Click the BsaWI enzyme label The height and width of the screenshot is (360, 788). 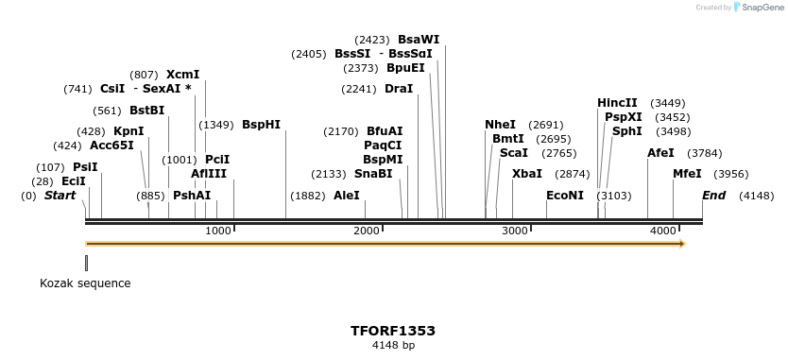pos(419,40)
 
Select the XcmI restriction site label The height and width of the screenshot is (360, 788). pos(182,75)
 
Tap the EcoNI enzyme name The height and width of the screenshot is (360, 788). pos(565,196)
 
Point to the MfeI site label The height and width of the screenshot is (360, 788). pos(687,174)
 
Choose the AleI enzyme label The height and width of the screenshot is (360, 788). pos(347,196)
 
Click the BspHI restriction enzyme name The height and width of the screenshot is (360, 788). pos(261,125)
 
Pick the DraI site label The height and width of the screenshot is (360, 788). pos(399,89)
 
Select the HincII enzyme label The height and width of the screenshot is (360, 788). pos(617,103)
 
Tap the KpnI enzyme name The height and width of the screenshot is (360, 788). pos(128,131)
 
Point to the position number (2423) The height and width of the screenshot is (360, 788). pos(372,40)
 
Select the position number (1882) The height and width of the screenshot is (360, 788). pos(308,196)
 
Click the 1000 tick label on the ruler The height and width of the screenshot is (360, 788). pos(218,231)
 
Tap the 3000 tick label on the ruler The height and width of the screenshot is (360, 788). pos(514,231)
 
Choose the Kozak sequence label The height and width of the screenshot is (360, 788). pos(85,283)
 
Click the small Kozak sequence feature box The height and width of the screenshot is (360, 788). pos(86,263)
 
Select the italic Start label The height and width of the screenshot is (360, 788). pos(60,196)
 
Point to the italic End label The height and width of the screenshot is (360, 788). pos(713,196)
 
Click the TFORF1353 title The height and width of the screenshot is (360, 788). pos(393,331)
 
